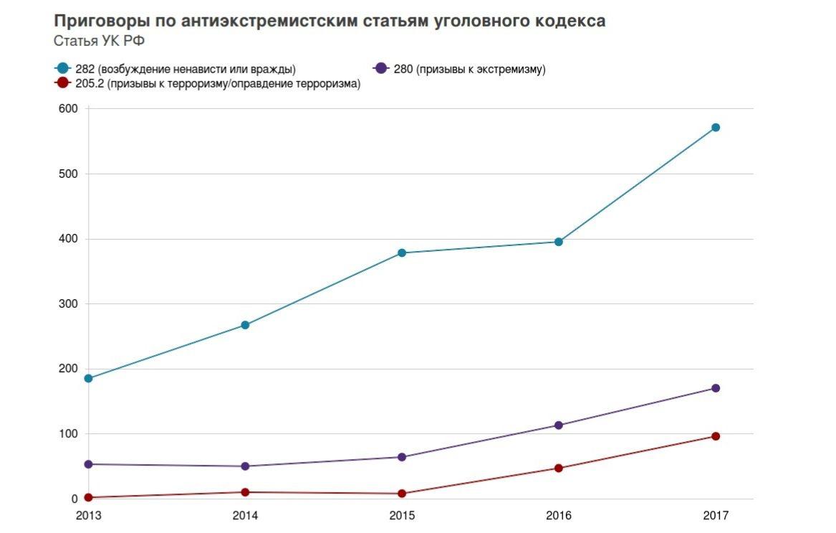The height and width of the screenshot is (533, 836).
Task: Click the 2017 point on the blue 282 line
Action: tap(715, 128)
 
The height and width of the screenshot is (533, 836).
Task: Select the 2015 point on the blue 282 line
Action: tap(402, 253)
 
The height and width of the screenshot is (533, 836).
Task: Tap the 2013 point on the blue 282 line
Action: tap(89, 379)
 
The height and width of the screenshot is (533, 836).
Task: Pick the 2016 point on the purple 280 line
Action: tap(559, 425)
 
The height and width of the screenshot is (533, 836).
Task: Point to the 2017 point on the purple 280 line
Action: tap(715, 389)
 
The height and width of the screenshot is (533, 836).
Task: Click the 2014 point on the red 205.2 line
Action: tap(245, 492)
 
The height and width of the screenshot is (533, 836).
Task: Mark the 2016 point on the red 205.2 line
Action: tap(559, 468)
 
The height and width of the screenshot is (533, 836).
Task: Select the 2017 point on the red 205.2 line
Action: tap(715, 436)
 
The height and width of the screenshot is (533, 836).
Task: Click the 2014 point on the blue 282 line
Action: tap(245, 325)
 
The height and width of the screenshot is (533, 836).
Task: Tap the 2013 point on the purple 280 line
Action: tap(89, 464)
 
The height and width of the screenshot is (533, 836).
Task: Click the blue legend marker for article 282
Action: tap(62, 69)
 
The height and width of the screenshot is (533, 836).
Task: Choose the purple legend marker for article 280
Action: tap(381, 69)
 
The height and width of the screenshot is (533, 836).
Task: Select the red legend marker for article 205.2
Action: tap(62, 83)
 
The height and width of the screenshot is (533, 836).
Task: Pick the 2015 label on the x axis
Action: tap(402, 516)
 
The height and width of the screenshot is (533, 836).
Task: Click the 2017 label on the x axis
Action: tap(715, 516)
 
